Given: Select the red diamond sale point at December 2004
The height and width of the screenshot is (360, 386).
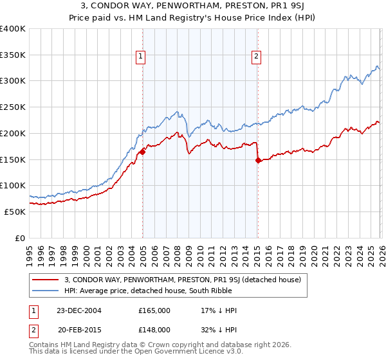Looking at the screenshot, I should [x=142, y=152].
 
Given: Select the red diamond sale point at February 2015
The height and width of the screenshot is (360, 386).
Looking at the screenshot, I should [x=258, y=161].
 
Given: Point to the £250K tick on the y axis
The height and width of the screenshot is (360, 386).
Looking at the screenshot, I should [x=14, y=107].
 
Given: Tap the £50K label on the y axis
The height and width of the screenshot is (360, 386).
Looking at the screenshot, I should [x=15, y=212].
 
